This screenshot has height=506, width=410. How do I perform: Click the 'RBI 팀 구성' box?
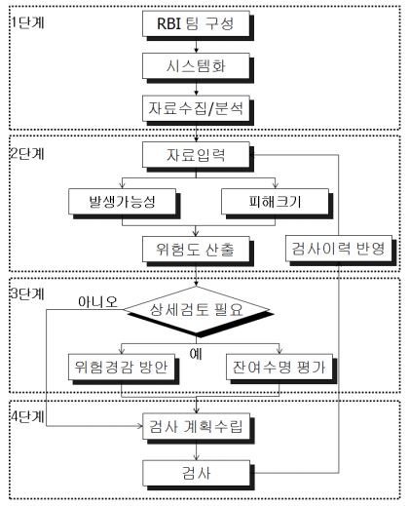point(196,23)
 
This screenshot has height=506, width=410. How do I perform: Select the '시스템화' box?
point(196,66)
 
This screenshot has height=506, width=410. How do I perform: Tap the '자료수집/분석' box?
point(196,108)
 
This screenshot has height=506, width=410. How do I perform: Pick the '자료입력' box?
point(196,155)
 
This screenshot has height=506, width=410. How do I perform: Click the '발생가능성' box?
point(123,202)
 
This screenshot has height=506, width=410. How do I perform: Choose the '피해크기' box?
point(276,202)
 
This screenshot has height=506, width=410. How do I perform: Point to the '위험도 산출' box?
point(196,249)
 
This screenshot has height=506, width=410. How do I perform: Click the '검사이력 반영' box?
point(339,249)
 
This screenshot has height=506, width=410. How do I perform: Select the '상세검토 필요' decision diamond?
point(196,310)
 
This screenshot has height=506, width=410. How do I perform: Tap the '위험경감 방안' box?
point(122,367)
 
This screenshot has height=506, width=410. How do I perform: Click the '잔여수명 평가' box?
point(280,367)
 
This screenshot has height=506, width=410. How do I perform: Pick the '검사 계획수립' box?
point(196,426)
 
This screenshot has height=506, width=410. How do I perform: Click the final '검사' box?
point(196,473)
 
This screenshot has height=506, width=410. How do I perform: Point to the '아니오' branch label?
point(97,302)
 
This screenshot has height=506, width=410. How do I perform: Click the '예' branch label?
point(196,354)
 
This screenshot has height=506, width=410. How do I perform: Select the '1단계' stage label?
point(27,22)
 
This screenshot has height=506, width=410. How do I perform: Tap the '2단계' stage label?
point(27,153)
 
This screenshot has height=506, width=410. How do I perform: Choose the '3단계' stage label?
point(27,293)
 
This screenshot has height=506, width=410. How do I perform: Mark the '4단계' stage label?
point(27,416)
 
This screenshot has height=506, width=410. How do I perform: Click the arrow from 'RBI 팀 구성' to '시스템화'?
point(196,45)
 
